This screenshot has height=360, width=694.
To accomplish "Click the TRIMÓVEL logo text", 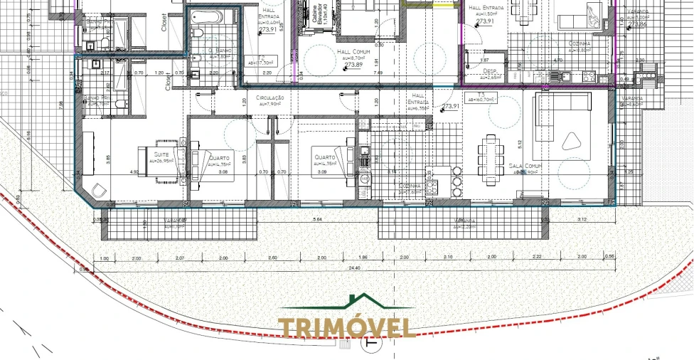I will (x=347, y=328).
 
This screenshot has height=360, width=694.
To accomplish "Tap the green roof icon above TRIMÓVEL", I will (x=365, y=302).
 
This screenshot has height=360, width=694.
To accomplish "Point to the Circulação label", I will (x=271, y=97).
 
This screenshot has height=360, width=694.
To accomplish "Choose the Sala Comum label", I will (x=525, y=165).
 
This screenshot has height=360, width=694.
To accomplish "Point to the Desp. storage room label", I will (x=491, y=71).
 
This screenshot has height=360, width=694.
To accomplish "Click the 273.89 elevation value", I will (x=353, y=65).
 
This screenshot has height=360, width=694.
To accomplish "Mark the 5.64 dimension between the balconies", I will (x=317, y=220).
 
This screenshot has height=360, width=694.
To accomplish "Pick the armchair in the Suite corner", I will (x=97, y=189).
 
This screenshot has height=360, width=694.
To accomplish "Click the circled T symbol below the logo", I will (x=370, y=344).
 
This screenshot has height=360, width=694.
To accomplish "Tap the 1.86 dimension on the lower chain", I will (x=364, y=258).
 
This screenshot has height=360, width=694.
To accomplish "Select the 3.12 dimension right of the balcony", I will (x=582, y=220).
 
